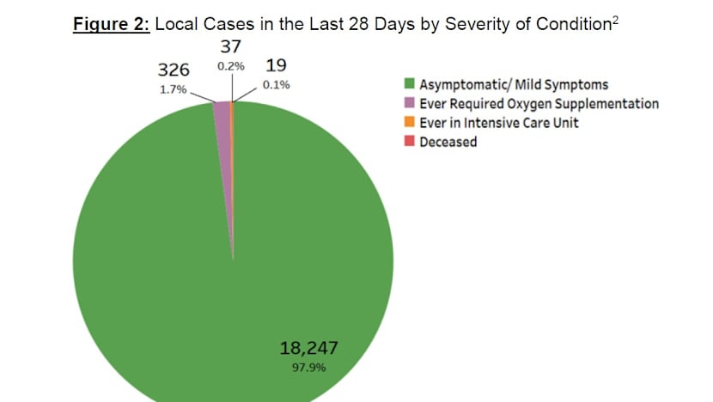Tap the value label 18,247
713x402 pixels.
(x=309, y=348)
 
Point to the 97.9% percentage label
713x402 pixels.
(x=309, y=368)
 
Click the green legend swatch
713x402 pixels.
(x=411, y=85)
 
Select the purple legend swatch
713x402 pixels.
(x=411, y=104)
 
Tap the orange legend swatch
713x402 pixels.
(x=411, y=123)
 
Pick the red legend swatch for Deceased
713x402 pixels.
(x=411, y=142)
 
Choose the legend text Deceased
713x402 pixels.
(x=448, y=142)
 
